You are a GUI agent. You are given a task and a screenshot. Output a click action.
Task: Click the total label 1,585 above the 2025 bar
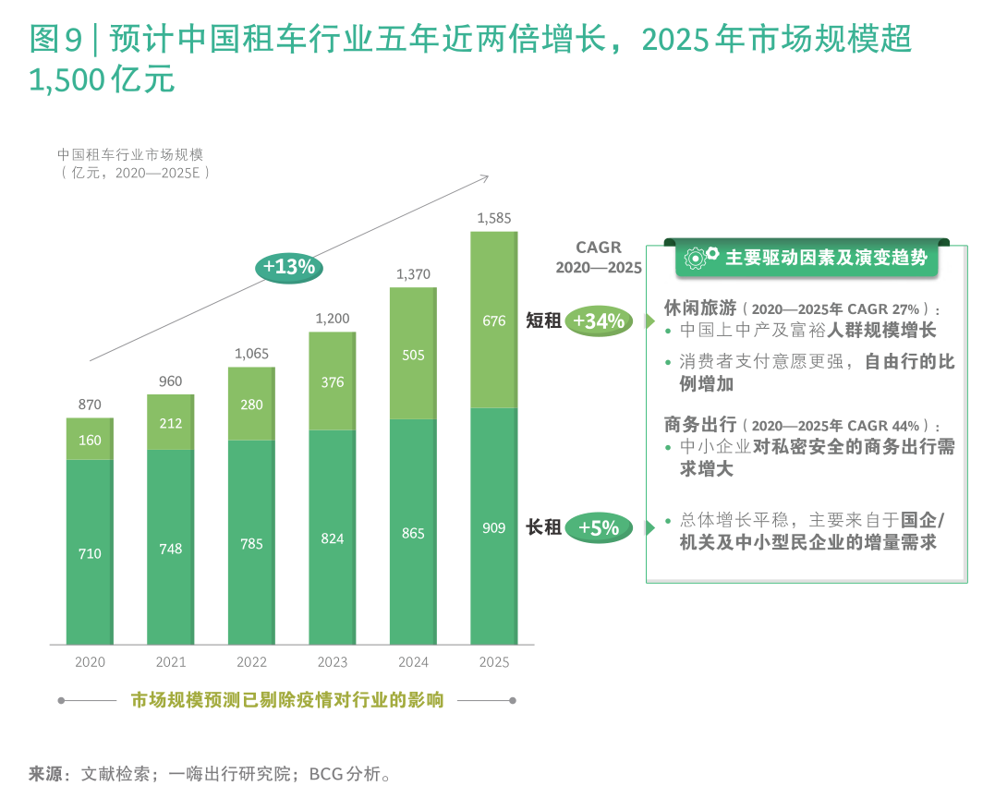(492, 218)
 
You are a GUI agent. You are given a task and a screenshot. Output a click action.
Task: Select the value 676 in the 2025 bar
(494, 321)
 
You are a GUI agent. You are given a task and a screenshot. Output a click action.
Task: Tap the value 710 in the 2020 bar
(90, 554)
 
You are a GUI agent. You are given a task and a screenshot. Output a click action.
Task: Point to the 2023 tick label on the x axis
(333, 662)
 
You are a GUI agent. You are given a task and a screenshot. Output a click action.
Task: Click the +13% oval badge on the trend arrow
(289, 267)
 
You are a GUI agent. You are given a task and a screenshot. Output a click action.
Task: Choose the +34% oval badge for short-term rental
(599, 321)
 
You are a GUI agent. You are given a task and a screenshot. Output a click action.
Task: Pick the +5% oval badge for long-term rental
(599, 527)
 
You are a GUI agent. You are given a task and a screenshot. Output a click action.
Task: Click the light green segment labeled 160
(90, 441)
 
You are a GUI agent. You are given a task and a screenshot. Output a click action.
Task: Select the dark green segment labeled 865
(413, 533)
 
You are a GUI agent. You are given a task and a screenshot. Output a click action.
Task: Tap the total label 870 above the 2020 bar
(90, 405)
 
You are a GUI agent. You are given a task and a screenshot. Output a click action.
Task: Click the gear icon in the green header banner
(699, 258)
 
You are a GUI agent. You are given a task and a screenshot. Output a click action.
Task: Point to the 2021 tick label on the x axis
(171, 662)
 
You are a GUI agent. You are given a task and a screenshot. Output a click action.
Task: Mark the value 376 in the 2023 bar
(333, 382)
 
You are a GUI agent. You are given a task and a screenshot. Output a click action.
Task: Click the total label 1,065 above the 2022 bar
(251, 354)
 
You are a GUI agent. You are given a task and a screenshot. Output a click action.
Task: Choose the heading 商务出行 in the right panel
(700, 425)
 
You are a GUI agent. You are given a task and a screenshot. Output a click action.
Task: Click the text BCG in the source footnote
(324, 774)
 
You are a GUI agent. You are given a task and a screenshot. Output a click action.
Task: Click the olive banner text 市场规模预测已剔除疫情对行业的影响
(287, 700)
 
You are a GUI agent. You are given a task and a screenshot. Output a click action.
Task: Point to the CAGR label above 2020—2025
(599, 248)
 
